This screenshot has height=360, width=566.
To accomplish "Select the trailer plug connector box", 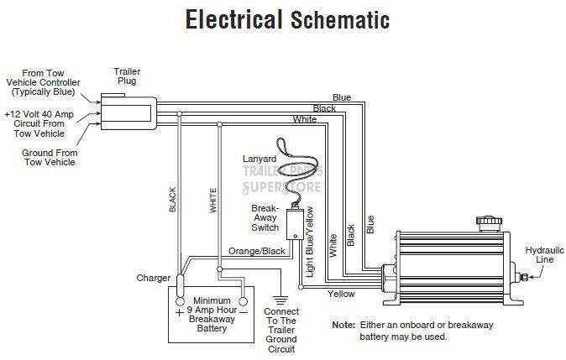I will (127, 112).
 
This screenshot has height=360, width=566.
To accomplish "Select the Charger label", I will (154, 277).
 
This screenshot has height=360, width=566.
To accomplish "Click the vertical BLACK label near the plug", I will (173, 199).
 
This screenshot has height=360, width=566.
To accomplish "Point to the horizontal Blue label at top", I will (342, 98).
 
